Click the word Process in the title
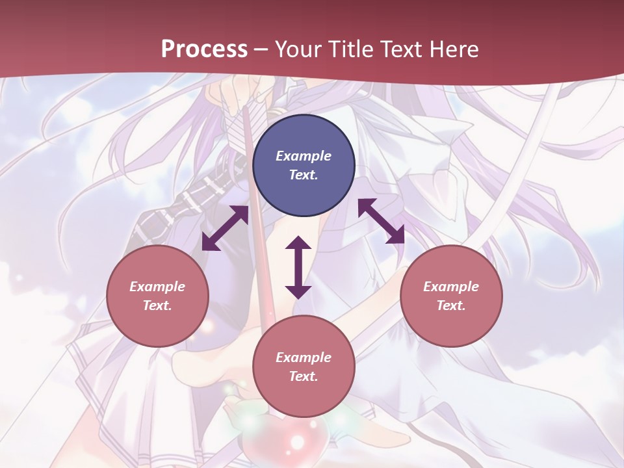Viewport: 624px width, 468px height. (x=204, y=49)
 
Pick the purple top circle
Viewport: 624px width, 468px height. (x=304, y=166)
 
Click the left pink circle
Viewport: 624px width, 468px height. (x=157, y=296)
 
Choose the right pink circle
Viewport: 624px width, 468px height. (x=451, y=296)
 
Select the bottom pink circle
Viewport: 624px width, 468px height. (x=304, y=367)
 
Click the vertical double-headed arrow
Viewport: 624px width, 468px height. (x=298, y=267)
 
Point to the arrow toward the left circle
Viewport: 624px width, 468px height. (x=225, y=228)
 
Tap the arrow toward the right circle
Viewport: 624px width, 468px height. (x=381, y=221)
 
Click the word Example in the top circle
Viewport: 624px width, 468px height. (x=304, y=156)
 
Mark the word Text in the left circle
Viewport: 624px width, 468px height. (x=157, y=305)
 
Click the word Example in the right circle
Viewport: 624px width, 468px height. (x=451, y=287)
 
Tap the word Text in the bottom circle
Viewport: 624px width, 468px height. (x=304, y=376)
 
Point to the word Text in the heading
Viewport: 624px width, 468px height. (x=402, y=49)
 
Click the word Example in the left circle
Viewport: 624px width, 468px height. (x=157, y=287)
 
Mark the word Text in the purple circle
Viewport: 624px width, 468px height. (x=304, y=175)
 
